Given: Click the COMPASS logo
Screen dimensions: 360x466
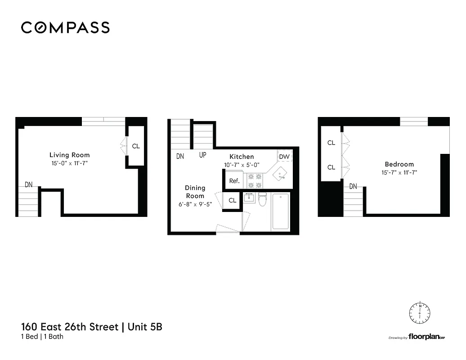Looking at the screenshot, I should [65, 27].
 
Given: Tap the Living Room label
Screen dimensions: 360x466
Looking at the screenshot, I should [69, 155].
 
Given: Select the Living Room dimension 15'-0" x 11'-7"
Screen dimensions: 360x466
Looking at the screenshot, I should [69, 163].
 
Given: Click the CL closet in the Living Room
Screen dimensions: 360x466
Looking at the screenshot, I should [136, 146].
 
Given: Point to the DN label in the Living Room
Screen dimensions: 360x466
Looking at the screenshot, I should [28, 184].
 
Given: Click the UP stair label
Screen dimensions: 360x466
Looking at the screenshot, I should [203, 155].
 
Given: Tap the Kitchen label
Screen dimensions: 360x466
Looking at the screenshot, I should [242, 157].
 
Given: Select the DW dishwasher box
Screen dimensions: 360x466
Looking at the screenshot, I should [284, 156].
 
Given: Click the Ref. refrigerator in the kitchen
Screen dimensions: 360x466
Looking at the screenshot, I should [234, 181].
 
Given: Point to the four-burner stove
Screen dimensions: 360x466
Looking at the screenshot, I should [255, 181].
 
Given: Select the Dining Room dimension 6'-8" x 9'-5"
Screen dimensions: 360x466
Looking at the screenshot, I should [195, 204].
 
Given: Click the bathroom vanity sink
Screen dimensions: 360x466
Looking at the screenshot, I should [249, 198].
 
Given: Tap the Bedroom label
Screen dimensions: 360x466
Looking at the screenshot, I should [399, 164].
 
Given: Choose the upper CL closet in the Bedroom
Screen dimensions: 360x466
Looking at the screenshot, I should [331, 143].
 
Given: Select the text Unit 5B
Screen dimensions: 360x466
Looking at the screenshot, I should [145, 327].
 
